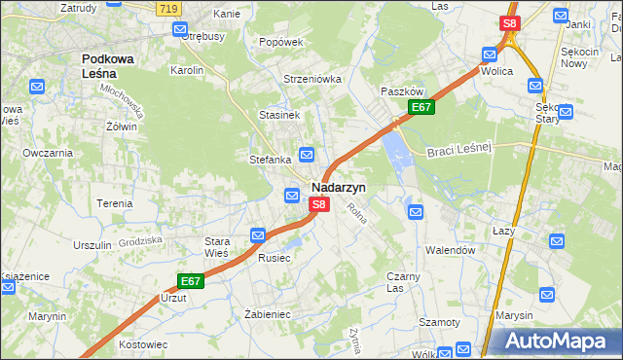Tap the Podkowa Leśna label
click(x=114, y=65)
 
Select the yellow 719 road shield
click(x=167, y=7)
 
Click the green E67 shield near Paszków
click(x=421, y=107)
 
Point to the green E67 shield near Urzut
click(x=191, y=281)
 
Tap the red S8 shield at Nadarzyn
click(x=319, y=205)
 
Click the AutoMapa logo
click(x=554, y=341)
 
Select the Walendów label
click(x=450, y=249)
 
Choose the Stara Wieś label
click(x=215, y=246)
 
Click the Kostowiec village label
click(x=143, y=344)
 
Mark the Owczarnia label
click(x=48, y=153)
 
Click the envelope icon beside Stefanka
click(x=307, y=154)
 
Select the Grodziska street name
click(x=140, y=239)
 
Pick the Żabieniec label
click(x=269, y=314)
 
